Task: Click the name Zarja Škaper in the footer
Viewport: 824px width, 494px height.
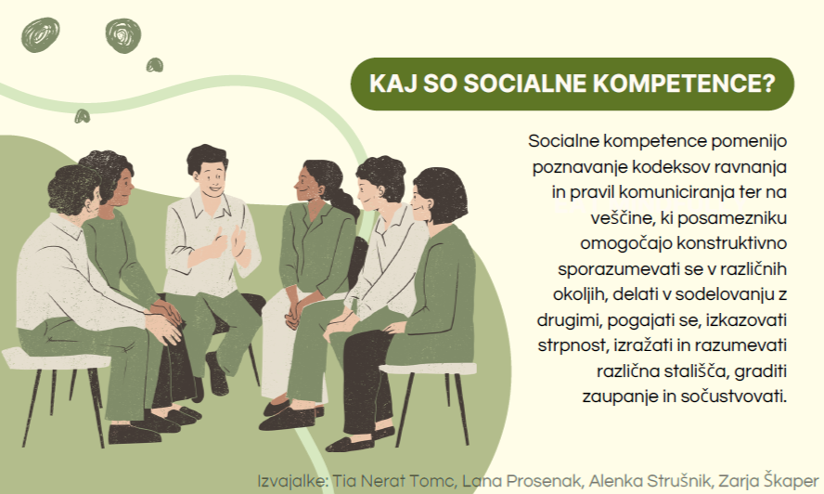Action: click(768, 481)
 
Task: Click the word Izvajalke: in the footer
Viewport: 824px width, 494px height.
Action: click(292, 481)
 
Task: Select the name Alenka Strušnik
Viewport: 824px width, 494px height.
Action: click(650, 481)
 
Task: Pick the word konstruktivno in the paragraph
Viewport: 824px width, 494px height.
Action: click(731, 243)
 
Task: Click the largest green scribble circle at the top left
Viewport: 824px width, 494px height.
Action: click(123, 36)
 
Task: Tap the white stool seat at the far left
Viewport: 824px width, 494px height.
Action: click(55, 360)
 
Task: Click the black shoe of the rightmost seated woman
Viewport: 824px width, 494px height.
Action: click(351, 445)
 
